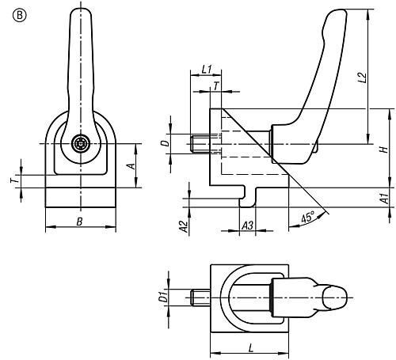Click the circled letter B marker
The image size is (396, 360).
click(x=20, y=16)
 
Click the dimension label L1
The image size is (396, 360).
click(x=207, y=70)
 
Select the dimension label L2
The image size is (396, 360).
click(x=363, y=78)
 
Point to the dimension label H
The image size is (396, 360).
click(x=384, y=150)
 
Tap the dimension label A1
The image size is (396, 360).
click(x=385, y=199)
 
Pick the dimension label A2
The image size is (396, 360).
click(x=184, y=226)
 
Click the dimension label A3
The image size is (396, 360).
click(x=248, y=225)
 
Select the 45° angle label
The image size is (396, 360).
click(x=308, y=217)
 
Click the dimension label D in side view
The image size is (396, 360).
click(x=165, y=143)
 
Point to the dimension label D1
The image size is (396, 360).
click(x=164, y=297)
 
